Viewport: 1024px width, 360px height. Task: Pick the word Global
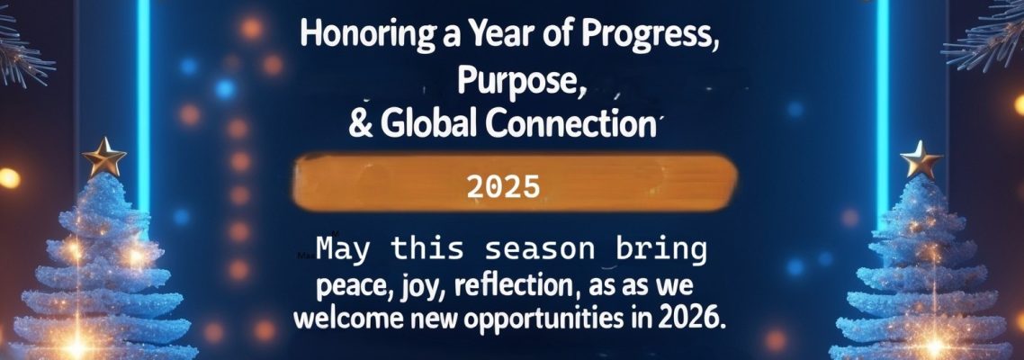[x=429, y=123]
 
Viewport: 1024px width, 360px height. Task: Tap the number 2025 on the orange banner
[x=503, y=186]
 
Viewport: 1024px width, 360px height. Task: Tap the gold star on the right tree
[x=920, y=160]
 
